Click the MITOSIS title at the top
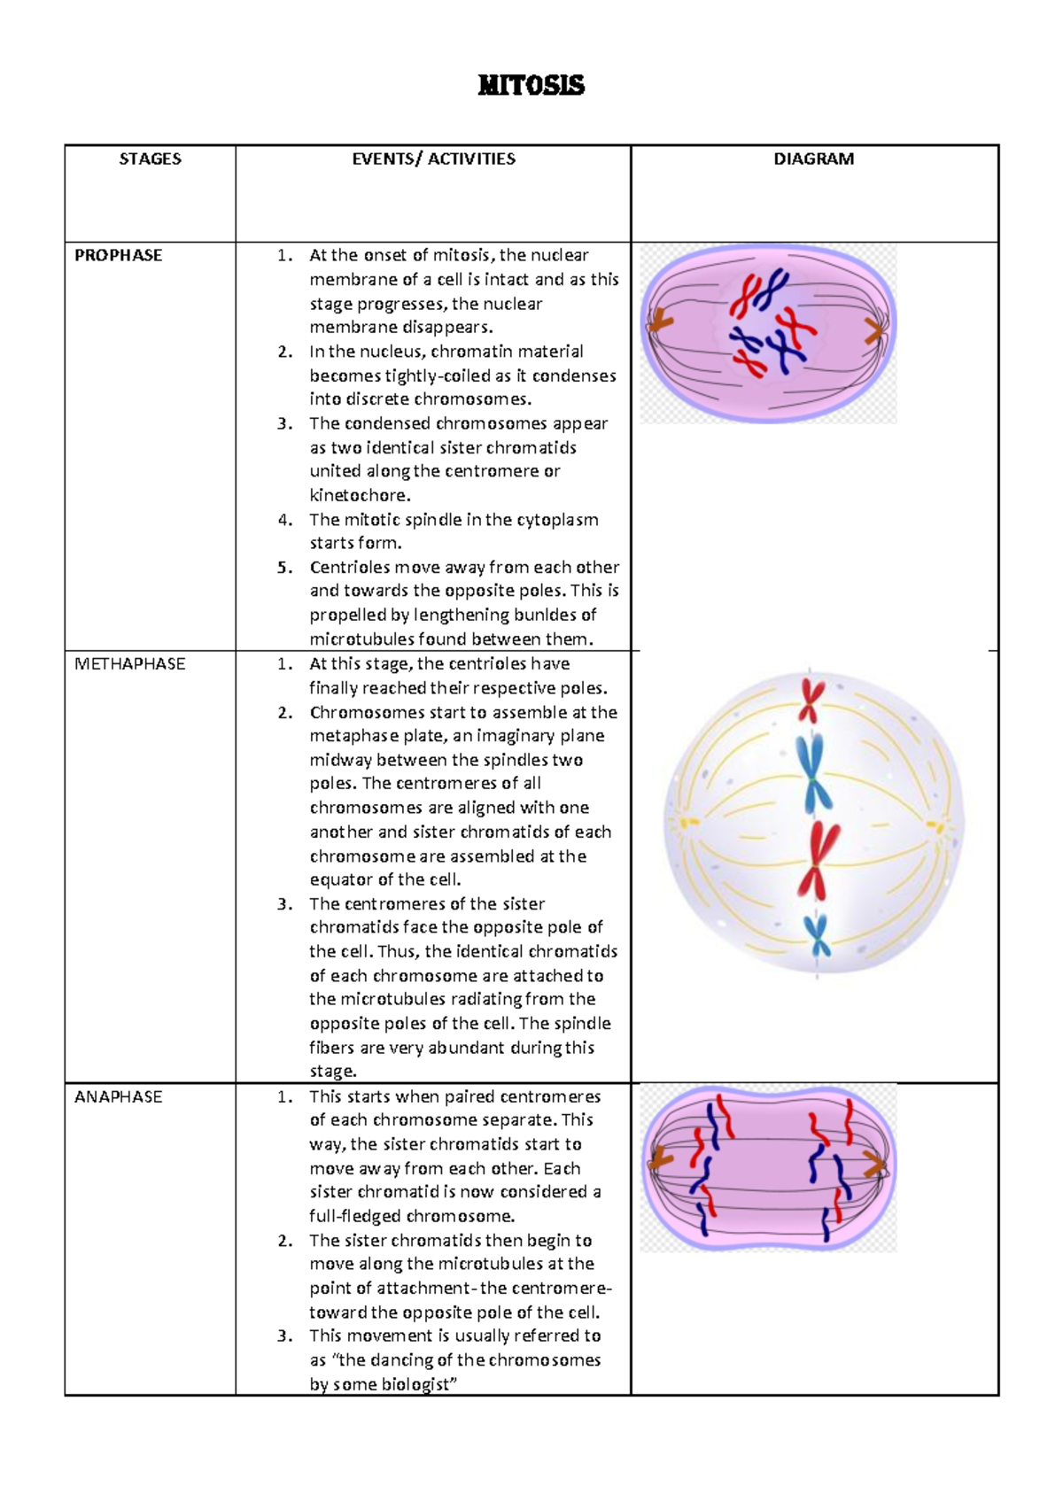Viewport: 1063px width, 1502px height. (x=531, y=85)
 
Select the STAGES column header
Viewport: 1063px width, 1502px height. (x=150, y=159)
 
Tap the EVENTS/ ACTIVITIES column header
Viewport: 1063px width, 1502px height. (x=433, y=159)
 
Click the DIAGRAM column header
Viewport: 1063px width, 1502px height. (x=813, y=159)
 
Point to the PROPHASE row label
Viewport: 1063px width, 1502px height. (x=118, y=255)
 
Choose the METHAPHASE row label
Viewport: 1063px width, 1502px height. (x=129, y=664)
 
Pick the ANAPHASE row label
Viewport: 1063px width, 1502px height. (x=118, y=1096)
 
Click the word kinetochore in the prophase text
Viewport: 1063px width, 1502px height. (x=358, y=495)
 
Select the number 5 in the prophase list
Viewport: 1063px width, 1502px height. (x=284, y=568)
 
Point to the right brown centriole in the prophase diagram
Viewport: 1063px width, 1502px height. (x=874, y=331)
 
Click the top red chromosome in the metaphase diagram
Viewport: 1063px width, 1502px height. (x=811, y=700)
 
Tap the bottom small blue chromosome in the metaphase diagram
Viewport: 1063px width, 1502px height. (x=817, y=938)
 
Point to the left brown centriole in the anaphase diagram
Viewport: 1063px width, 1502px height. (x=660, y=1157)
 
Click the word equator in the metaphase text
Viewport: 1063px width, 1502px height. (x=341, y=879)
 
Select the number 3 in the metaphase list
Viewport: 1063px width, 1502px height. (x=284, y=904)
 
